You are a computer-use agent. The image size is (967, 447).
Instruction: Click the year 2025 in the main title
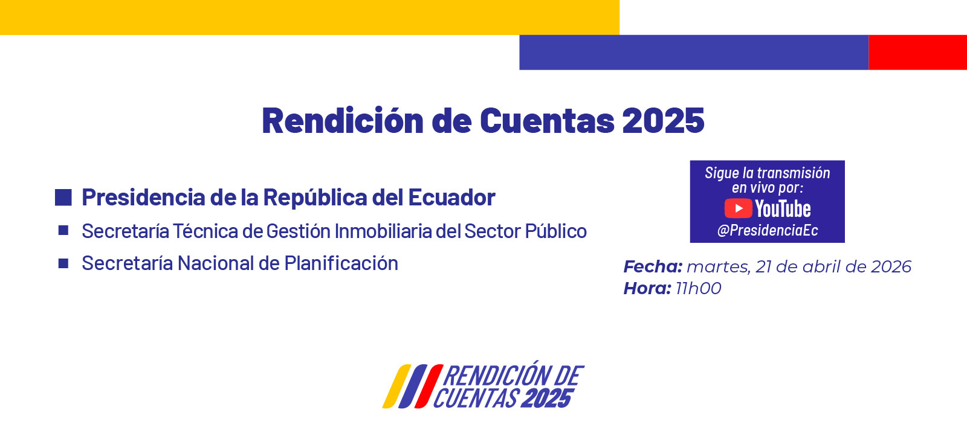(663, 121)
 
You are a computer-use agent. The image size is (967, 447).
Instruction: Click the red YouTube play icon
(738, 209)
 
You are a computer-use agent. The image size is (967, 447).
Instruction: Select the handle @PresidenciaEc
(768, 231)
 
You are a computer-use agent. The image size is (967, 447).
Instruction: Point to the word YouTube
(783, 209)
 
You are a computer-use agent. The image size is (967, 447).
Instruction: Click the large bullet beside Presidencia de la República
(63, 198)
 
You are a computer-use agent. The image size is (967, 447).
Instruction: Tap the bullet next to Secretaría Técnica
(63, 230)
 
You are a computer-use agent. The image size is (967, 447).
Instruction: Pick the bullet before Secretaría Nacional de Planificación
(63, 263)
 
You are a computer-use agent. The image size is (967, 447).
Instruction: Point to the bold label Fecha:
(653, 266)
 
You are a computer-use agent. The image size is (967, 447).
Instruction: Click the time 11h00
(698, 288)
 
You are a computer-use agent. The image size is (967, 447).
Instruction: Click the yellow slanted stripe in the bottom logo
(396, 387)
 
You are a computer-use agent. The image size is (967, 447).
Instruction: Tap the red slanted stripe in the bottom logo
(429, 387)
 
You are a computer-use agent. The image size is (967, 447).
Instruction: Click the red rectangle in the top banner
(917, 53)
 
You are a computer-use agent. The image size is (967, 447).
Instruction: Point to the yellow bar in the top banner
(309, 17)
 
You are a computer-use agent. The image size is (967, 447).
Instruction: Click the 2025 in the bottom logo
(546, 399)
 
